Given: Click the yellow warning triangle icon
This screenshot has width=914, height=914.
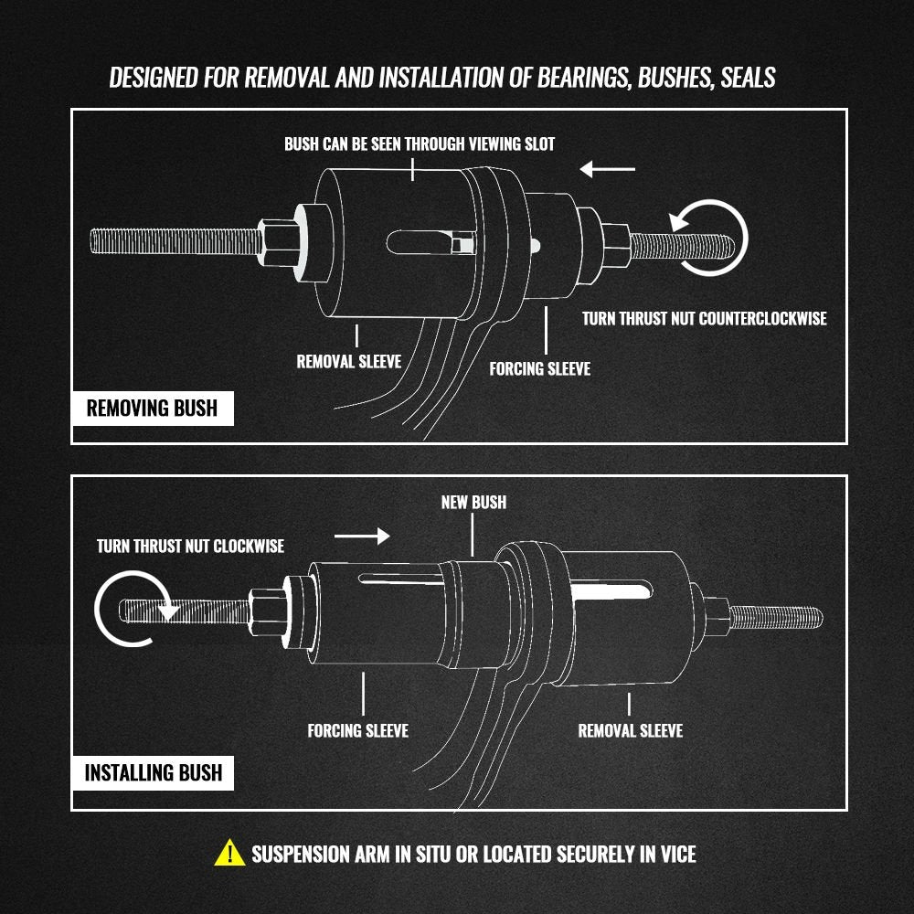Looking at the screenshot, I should [x=228, y=854].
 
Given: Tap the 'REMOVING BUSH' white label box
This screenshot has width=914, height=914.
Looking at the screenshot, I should [x=152, y=408].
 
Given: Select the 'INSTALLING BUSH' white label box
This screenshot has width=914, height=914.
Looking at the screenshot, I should [x=153, y=772].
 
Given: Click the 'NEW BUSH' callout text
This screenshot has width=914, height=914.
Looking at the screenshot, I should [x=473, y=502].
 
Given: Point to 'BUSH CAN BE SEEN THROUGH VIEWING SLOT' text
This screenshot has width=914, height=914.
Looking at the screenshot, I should [x=420, y=143].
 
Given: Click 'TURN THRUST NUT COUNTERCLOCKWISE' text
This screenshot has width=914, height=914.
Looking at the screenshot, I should [x=704, y=318].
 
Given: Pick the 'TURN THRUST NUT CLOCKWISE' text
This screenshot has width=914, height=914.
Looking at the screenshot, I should [x=190, y=546].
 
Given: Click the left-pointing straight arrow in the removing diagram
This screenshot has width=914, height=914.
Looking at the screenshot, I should [x=607, y=169].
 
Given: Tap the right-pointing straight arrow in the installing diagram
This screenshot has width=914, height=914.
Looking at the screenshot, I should [x=362, y=534].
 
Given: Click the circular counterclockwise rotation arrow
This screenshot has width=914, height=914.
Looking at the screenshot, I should [x=709, y=236].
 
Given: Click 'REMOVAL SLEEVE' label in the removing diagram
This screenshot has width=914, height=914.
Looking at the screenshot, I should [x=348, y=361].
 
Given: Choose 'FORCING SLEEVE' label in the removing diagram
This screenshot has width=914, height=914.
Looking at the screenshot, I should [x=539, y=368].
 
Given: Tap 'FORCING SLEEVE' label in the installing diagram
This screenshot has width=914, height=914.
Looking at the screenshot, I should [x=357, y=730].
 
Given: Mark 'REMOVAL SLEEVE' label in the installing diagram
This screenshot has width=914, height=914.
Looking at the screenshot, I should [x=630, y=730].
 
